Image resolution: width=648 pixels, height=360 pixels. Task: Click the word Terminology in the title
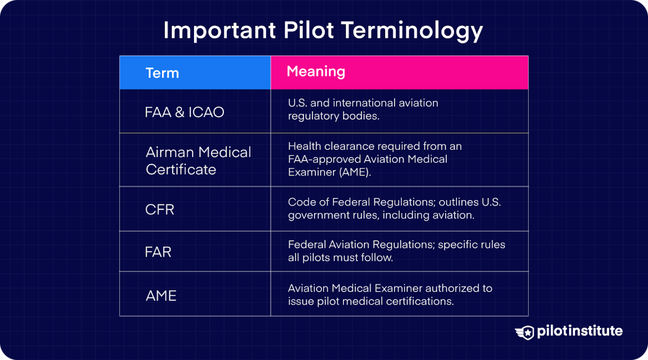click(x=411, y=31)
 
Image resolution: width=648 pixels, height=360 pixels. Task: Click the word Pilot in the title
click(x=308, y=30)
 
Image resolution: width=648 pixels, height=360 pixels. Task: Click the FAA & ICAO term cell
click(x=184, y=112)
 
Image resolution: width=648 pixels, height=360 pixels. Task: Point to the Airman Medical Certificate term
click(x=198, y=161)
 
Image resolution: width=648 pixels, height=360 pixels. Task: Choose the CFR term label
click(x=159, y=209)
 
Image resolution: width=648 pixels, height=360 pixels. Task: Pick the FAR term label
click(x=158, y=252)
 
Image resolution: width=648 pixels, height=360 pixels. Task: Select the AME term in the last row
click(x=161, y=295)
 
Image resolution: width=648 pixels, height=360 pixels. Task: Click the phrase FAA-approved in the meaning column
click(x=324, y=159)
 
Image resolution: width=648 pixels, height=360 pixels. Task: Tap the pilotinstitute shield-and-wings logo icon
click(x=525, y=332)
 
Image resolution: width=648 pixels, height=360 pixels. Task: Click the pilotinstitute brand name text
click(x=580, y=331)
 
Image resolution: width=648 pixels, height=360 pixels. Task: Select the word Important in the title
click(x=219, y=30)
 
